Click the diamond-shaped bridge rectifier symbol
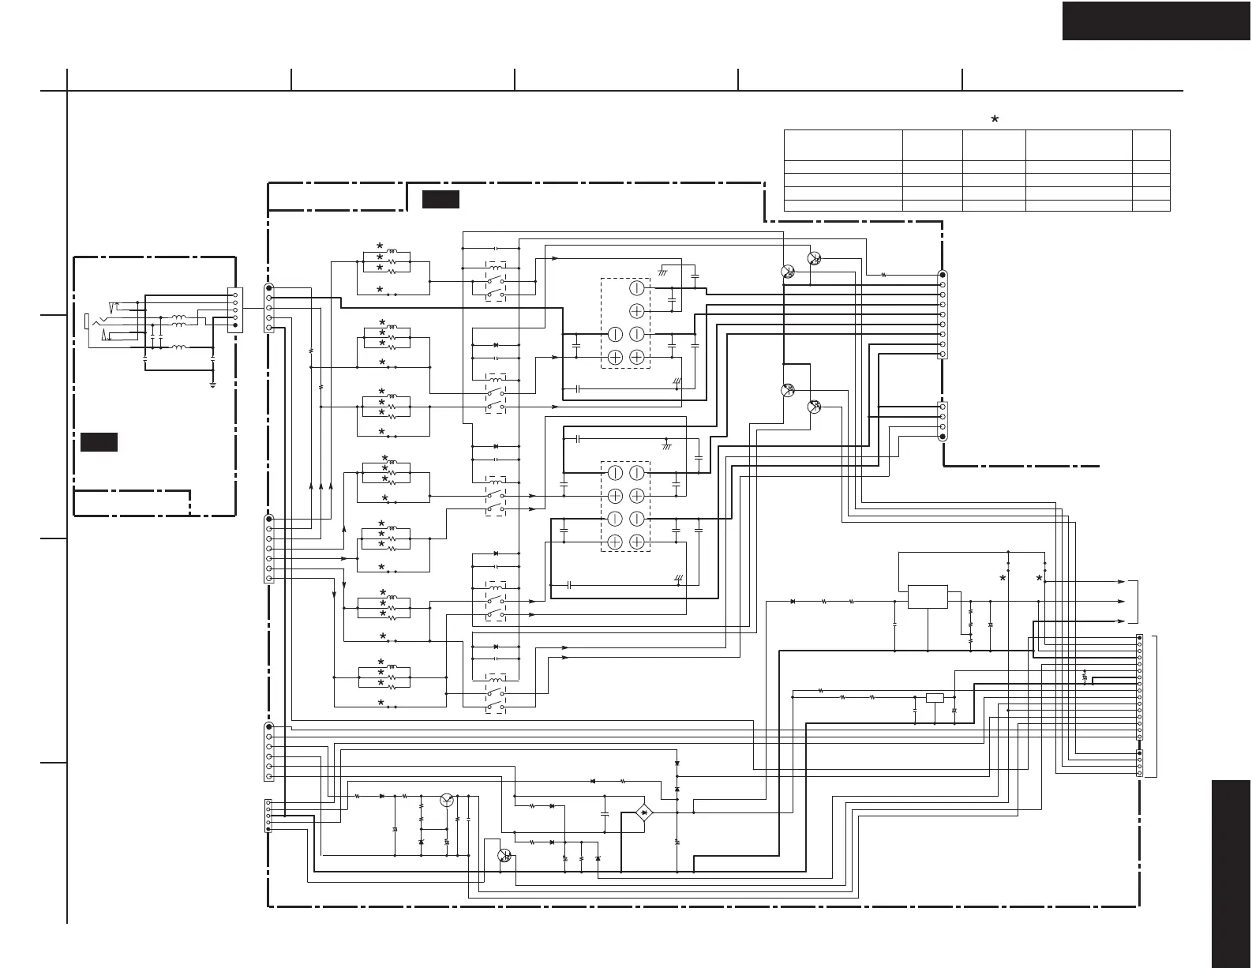[644, 812]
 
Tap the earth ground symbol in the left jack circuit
[213, 385]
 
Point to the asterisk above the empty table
[995, 119]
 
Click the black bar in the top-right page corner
[1156, 20]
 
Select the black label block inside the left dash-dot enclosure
[99, 441]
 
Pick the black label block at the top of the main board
[440, 200]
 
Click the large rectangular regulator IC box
[928, 597]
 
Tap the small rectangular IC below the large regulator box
[934, 697]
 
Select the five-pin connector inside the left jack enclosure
[234, 310]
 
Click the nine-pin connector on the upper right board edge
[942, 314]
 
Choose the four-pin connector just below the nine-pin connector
[942, 421]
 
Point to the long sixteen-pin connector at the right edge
[1139, 684]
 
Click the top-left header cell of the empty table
[842, 145]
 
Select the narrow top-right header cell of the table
[1150, 145]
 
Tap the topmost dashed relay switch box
[496, 280]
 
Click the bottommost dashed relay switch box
[496, 694]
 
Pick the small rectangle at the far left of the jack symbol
[86, 321]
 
